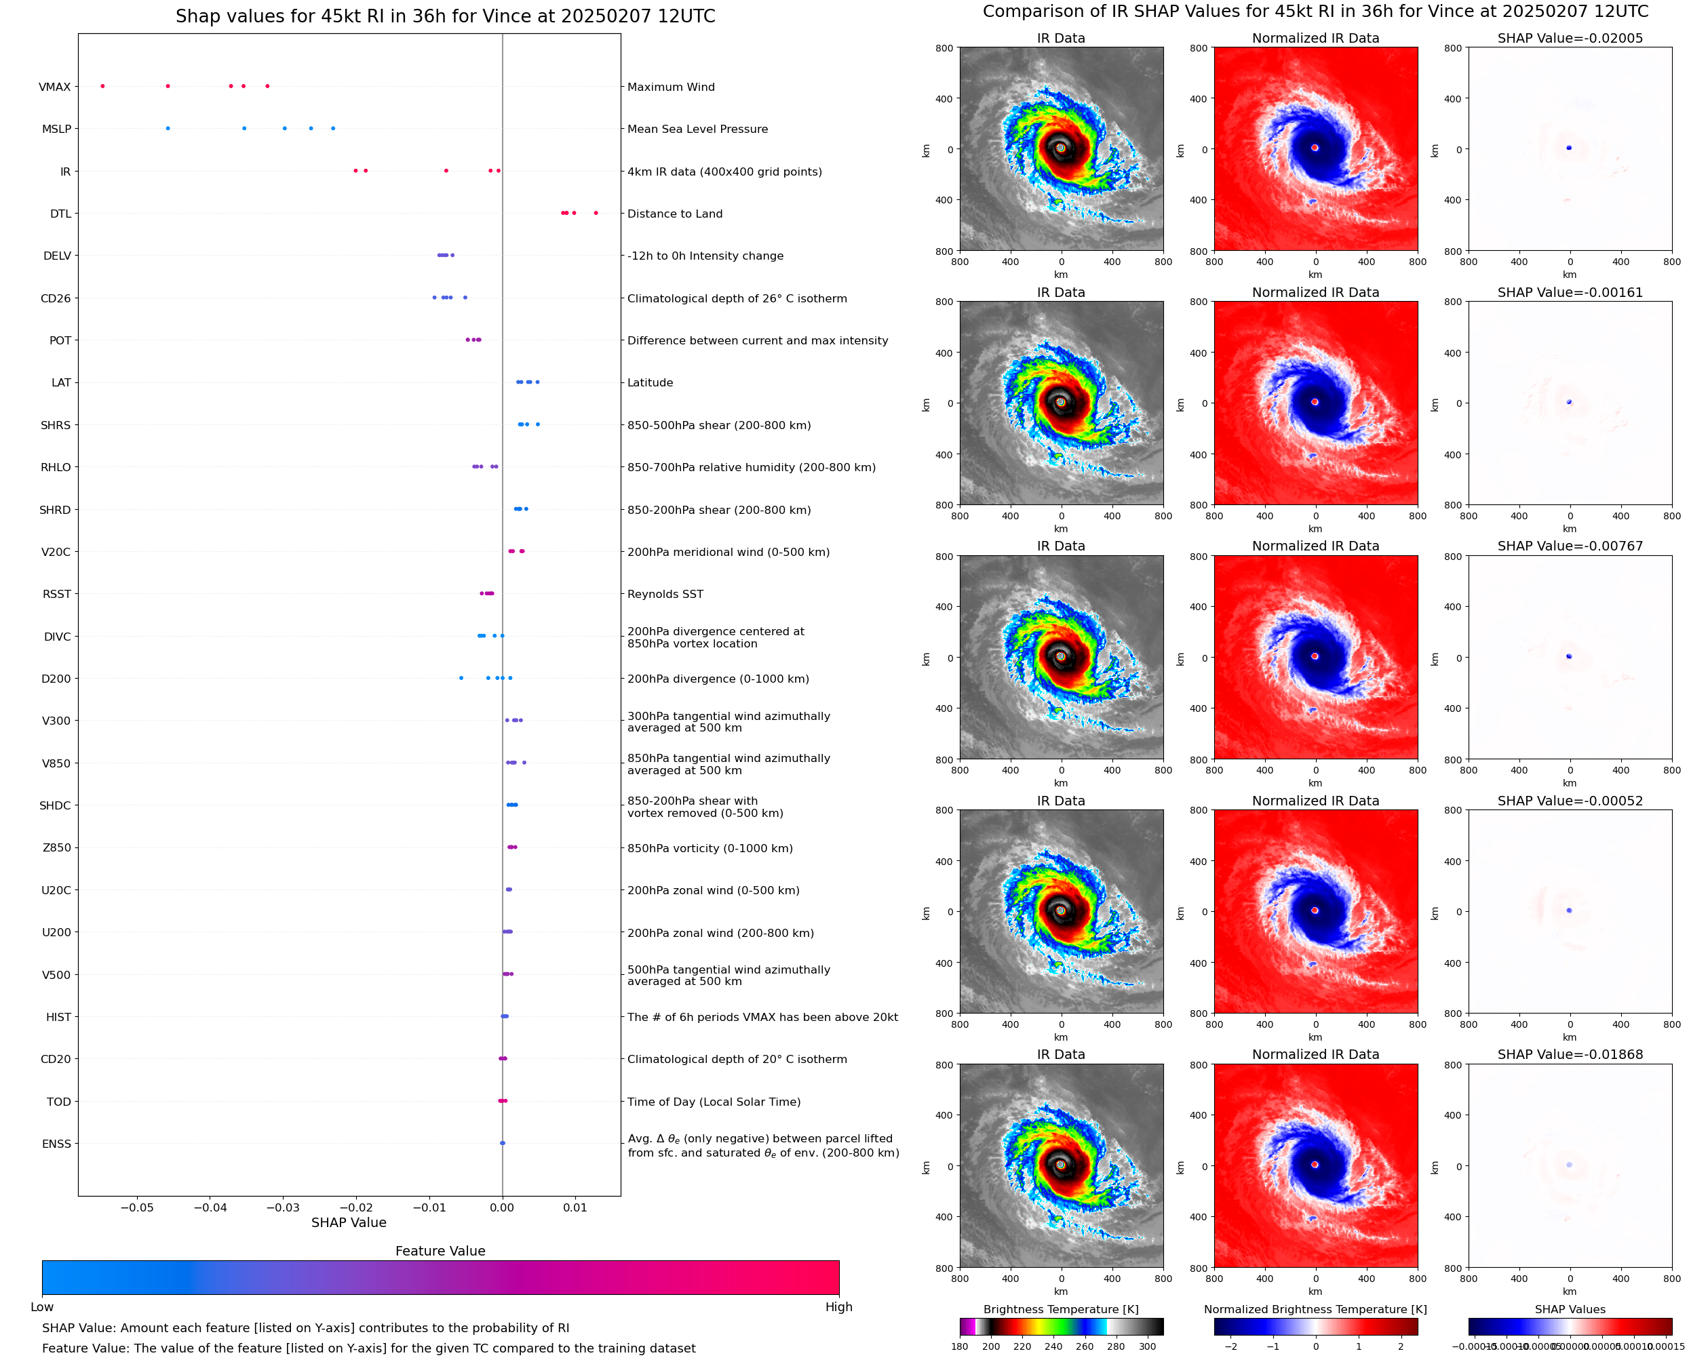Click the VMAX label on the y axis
point(54,87)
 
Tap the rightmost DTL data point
point(596,213)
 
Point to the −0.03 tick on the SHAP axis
point(284,1207)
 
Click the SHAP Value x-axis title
point(349,1222)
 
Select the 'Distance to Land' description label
point(674,214)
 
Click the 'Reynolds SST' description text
point(665,594)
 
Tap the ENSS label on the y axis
point(56,1144)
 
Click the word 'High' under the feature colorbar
point(838,1307)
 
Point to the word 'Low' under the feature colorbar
point(41,1307)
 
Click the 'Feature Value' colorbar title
point(440,1251)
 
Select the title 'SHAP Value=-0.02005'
point(1570,38)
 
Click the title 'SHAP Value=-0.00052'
point(1570,801)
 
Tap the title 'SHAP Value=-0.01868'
point(1570,1054)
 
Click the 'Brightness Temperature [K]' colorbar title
point(1060,1309)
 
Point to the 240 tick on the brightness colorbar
point(1053,1346)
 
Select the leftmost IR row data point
point(355,170)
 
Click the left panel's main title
point(445,16)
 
